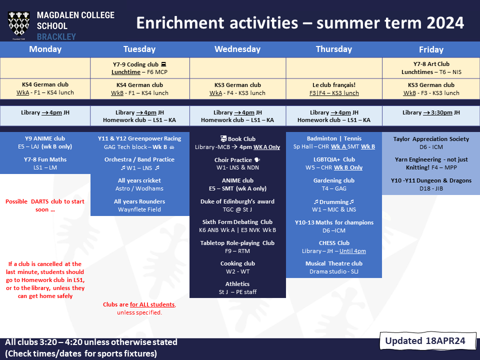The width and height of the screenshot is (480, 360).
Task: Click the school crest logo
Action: (x=18, y=24)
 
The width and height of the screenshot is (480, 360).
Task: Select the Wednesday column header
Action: (x=237, y=49)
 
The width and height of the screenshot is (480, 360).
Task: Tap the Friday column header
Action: (x=431, y=49)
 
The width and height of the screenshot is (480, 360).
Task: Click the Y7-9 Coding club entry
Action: (x=139, y=68)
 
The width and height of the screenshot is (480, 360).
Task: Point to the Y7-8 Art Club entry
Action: (x=431, y=68)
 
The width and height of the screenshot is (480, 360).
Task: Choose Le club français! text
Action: (x=334, y=85)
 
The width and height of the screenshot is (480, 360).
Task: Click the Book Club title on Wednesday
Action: (x=238, y=138)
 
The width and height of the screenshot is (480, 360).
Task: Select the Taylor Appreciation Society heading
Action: (x=431, y=139)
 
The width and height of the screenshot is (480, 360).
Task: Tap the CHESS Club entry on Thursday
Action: (x=334, y=246)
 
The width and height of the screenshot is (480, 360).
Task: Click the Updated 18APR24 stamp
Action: (x=425, y=340)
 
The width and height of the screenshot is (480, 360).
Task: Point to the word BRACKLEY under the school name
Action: (x=56, y=37)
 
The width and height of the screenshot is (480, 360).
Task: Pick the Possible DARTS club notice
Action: (x=45, y=205)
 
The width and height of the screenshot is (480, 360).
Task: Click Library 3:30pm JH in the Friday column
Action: (x=431, y=112)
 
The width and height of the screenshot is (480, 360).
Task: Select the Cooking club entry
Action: (x=237, y=267)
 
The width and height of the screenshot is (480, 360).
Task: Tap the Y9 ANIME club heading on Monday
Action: (x=45, y=138)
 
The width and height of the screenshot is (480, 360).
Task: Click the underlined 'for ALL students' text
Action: (x=152, y=304)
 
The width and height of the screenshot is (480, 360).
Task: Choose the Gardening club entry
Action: (x=334, y=184)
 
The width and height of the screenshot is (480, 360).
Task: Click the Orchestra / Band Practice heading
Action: (x=139, y=159)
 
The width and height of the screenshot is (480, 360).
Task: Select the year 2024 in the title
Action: (x=445, y=23)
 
